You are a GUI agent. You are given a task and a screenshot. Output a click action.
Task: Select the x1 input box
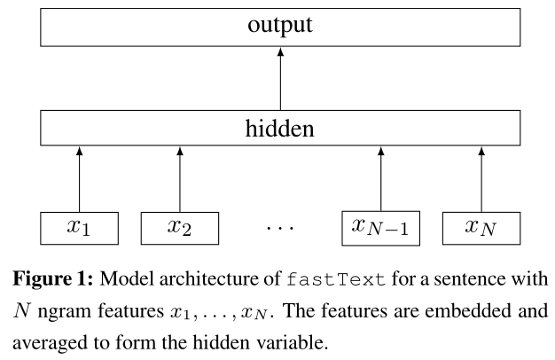(x=79, y=227)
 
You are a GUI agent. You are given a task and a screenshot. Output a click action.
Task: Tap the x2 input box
(x=179, y=227)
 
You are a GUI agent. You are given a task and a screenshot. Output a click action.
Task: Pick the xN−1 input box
(x=380, y=227)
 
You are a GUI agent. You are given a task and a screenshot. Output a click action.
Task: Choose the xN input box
(x=481, y=227)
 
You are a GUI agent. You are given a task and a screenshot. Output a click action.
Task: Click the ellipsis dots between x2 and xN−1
(x=279, y=230)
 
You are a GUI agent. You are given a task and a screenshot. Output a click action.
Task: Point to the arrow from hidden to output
(x=280, y=80)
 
